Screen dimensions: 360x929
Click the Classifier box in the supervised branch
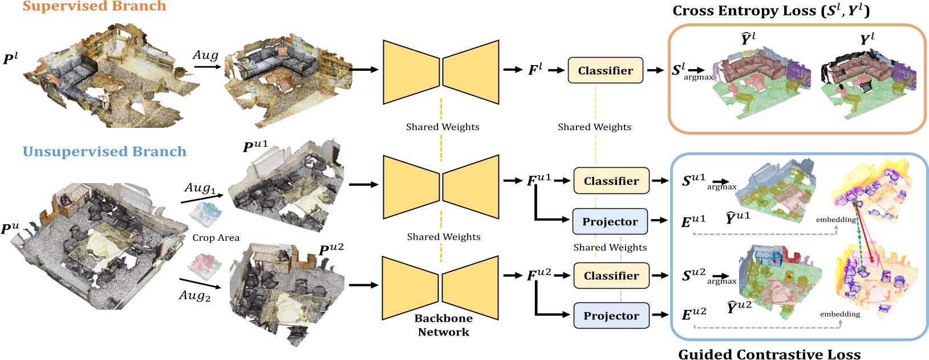coord(605,70)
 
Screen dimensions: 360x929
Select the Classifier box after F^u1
coord(611,181)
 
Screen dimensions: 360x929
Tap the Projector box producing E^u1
coord(610,221)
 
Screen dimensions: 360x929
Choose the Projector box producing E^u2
coord(611,315)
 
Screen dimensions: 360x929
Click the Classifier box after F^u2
coord(611,276)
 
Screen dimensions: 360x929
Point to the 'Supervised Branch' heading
coord(94,7)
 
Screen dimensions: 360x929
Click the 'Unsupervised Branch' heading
coord(104,152)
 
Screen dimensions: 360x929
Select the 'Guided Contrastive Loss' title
coord(769,354)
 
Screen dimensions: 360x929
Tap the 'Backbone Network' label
coord(443,325)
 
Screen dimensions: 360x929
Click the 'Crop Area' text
coord(216,237)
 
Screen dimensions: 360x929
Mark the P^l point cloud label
coord(10,58)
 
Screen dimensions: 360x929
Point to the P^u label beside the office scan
coord(10,229)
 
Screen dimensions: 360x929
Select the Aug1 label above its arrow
coord(200,188)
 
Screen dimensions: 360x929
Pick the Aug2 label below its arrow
coord(194,296)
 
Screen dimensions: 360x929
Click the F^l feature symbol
coord(534,70)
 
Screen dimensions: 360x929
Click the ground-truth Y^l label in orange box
coord(867,39)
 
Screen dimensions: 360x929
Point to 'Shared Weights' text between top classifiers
coord(594,127)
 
